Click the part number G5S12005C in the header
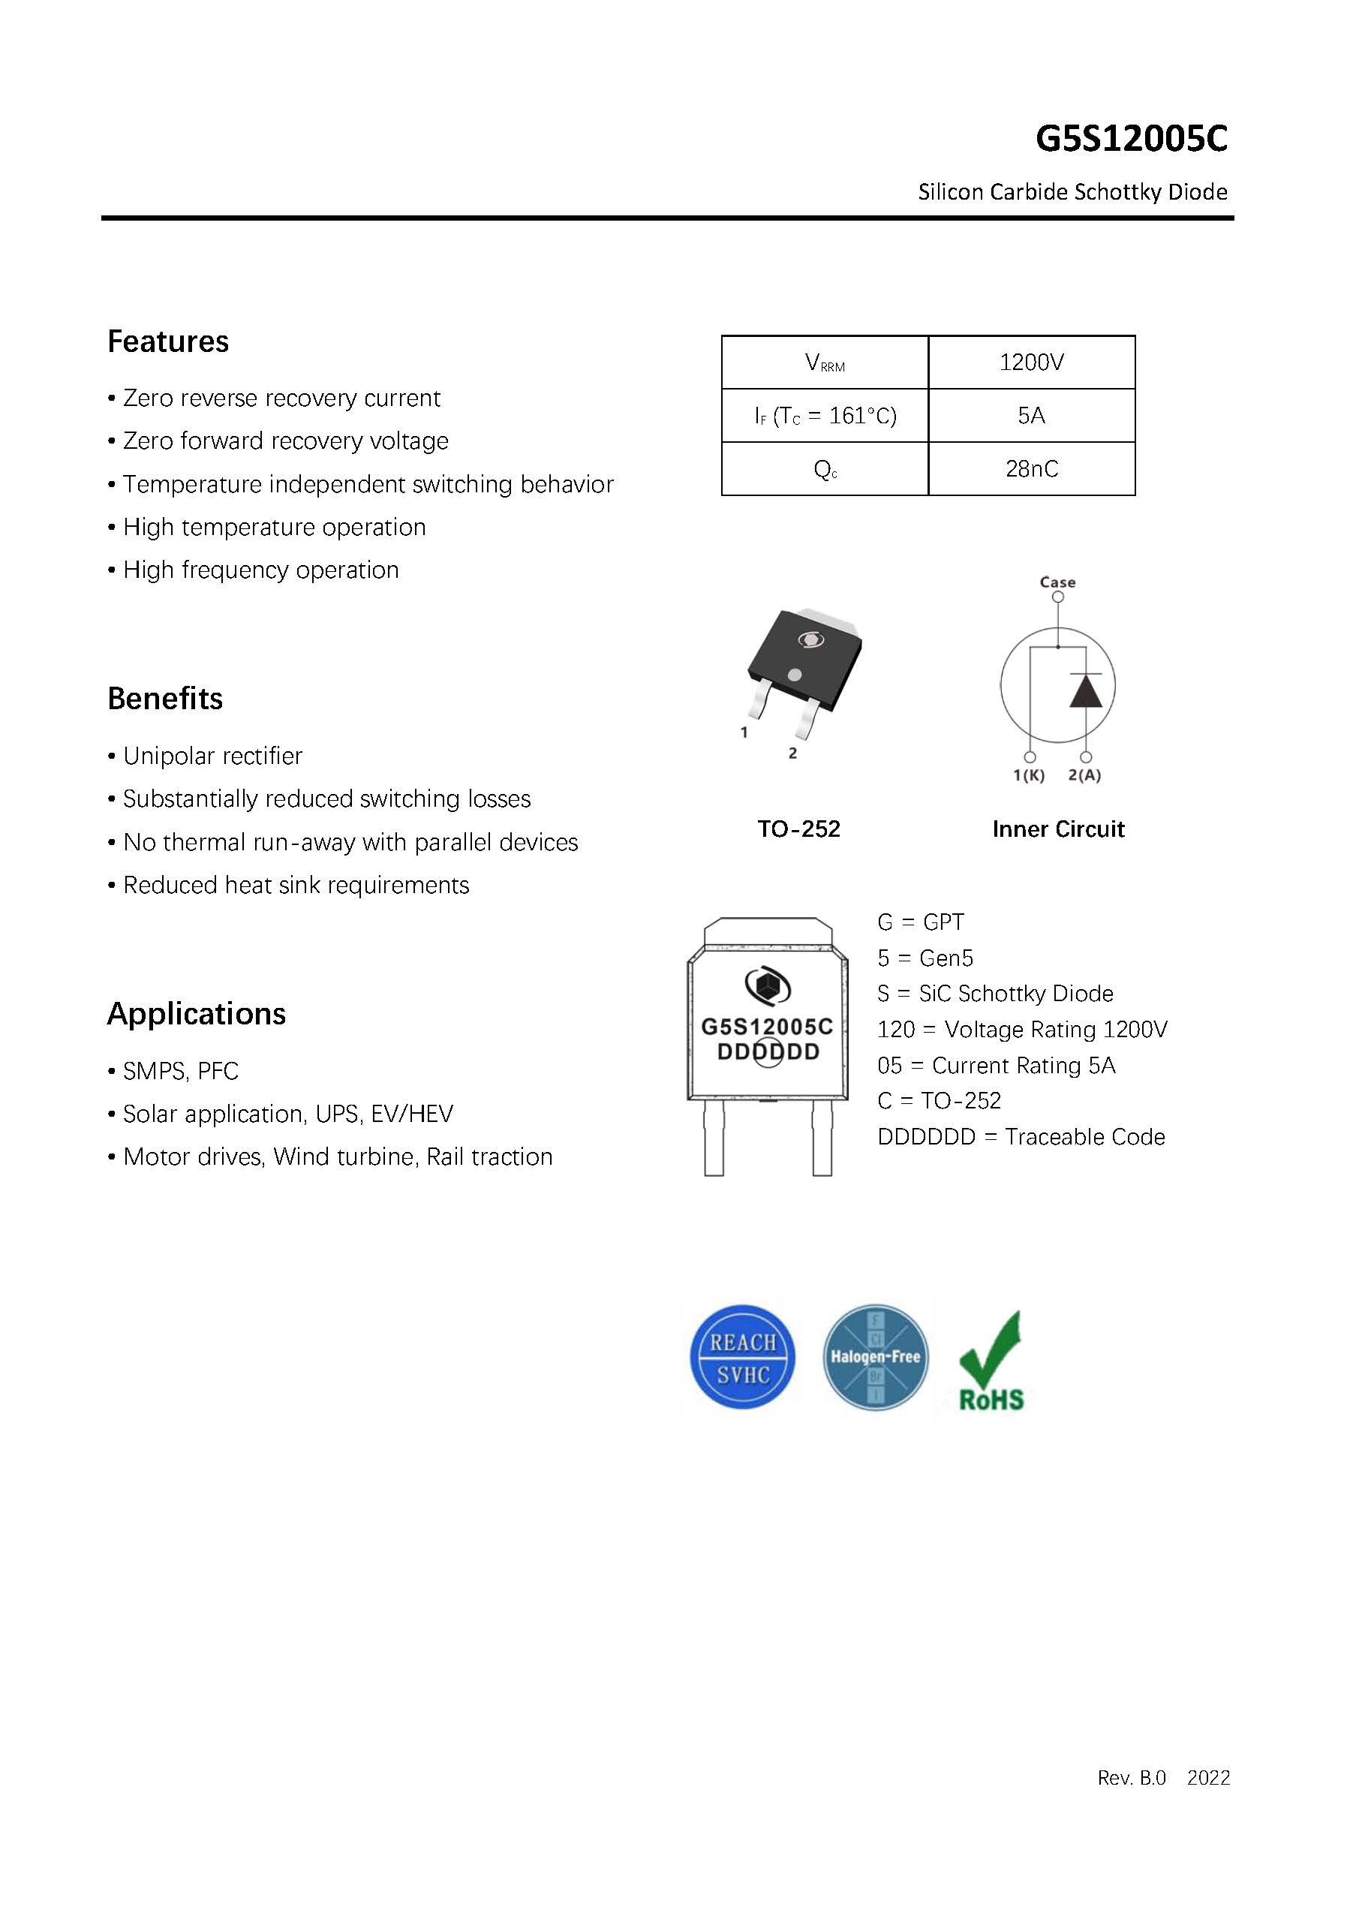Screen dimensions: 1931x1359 [x=1130, y=139]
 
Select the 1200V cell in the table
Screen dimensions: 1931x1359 [x=1031, y=362]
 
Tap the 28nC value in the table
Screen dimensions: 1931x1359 [x=1031, y=469]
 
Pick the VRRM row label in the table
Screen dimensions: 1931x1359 [x=824, y=362]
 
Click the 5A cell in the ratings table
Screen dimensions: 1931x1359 [x=1031, y=416]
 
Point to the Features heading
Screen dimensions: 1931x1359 [x=167, y=341]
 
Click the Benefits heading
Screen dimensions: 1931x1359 [x=165, y=699]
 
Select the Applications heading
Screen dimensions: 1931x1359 [x=196, y=1014]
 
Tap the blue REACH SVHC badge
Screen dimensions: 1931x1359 [x=741, y=1358]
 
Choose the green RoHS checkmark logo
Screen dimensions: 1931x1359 [x=991, y=1361]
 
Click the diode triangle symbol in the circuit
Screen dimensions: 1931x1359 [x=1085, y=691]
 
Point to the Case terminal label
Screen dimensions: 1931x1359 [x=1057, y=582]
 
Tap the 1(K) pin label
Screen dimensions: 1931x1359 [x=1029, y=775]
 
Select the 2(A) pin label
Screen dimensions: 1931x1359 [x=1084, y=775]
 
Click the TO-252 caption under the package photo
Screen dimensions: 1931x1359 [x=798, y=829]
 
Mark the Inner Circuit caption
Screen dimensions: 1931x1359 [x=1057, y=829]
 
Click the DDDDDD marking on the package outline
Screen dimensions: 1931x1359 [x=768, y=1052]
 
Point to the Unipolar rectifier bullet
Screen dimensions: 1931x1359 [x=212, y=756]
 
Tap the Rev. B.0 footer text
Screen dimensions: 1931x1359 [x=1131, y=1778]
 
